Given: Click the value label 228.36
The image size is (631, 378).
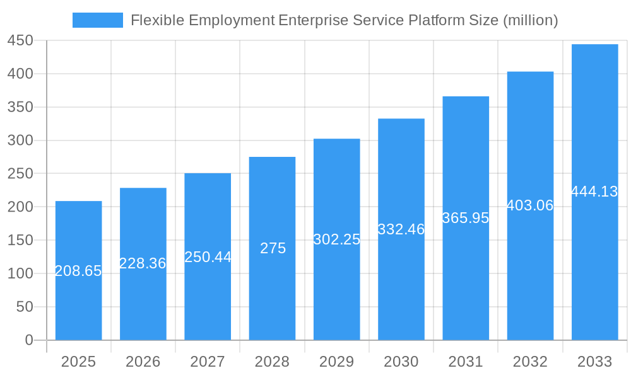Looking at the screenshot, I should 143,263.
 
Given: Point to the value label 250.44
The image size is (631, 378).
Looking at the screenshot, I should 208,257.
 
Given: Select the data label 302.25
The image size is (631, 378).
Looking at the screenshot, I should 337,239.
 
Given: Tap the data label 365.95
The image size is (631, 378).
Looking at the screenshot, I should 466,218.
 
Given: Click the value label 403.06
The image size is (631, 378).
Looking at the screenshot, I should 530,205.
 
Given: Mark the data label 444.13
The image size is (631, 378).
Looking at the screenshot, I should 594,192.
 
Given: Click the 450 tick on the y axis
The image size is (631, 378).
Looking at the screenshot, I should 20,41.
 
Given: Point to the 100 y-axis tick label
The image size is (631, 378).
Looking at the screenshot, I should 20,273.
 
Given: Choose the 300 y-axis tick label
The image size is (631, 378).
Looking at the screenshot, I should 20,140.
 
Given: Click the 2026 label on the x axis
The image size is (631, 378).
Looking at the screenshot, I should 143,362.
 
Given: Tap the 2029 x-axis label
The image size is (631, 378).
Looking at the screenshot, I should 337,362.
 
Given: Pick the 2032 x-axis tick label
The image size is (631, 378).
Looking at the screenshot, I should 530,362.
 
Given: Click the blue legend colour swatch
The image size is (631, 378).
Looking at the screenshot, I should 98,20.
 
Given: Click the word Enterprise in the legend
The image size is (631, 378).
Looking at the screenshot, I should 313,20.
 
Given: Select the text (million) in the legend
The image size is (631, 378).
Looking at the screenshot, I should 530,20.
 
